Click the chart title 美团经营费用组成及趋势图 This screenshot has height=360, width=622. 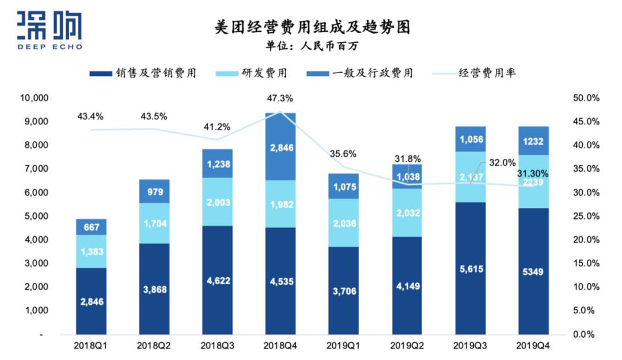click(312, 26)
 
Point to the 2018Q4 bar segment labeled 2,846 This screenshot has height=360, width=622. click(280, 147)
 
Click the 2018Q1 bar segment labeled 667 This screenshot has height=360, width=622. click(91, 227)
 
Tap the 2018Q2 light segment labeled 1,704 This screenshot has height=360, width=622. click(154, 223)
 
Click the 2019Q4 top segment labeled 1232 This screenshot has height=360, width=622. click(533, 140)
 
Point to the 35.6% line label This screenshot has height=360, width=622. click(343, 154)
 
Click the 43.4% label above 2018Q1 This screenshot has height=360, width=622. click(90, 116)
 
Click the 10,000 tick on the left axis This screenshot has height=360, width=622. click(33, 98)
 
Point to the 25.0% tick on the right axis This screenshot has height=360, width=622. click(586, 216)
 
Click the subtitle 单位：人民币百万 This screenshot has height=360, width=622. click(312, 46)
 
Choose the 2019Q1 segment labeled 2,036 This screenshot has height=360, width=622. click(343, 223)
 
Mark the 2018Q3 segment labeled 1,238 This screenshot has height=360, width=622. click(217, 164)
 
